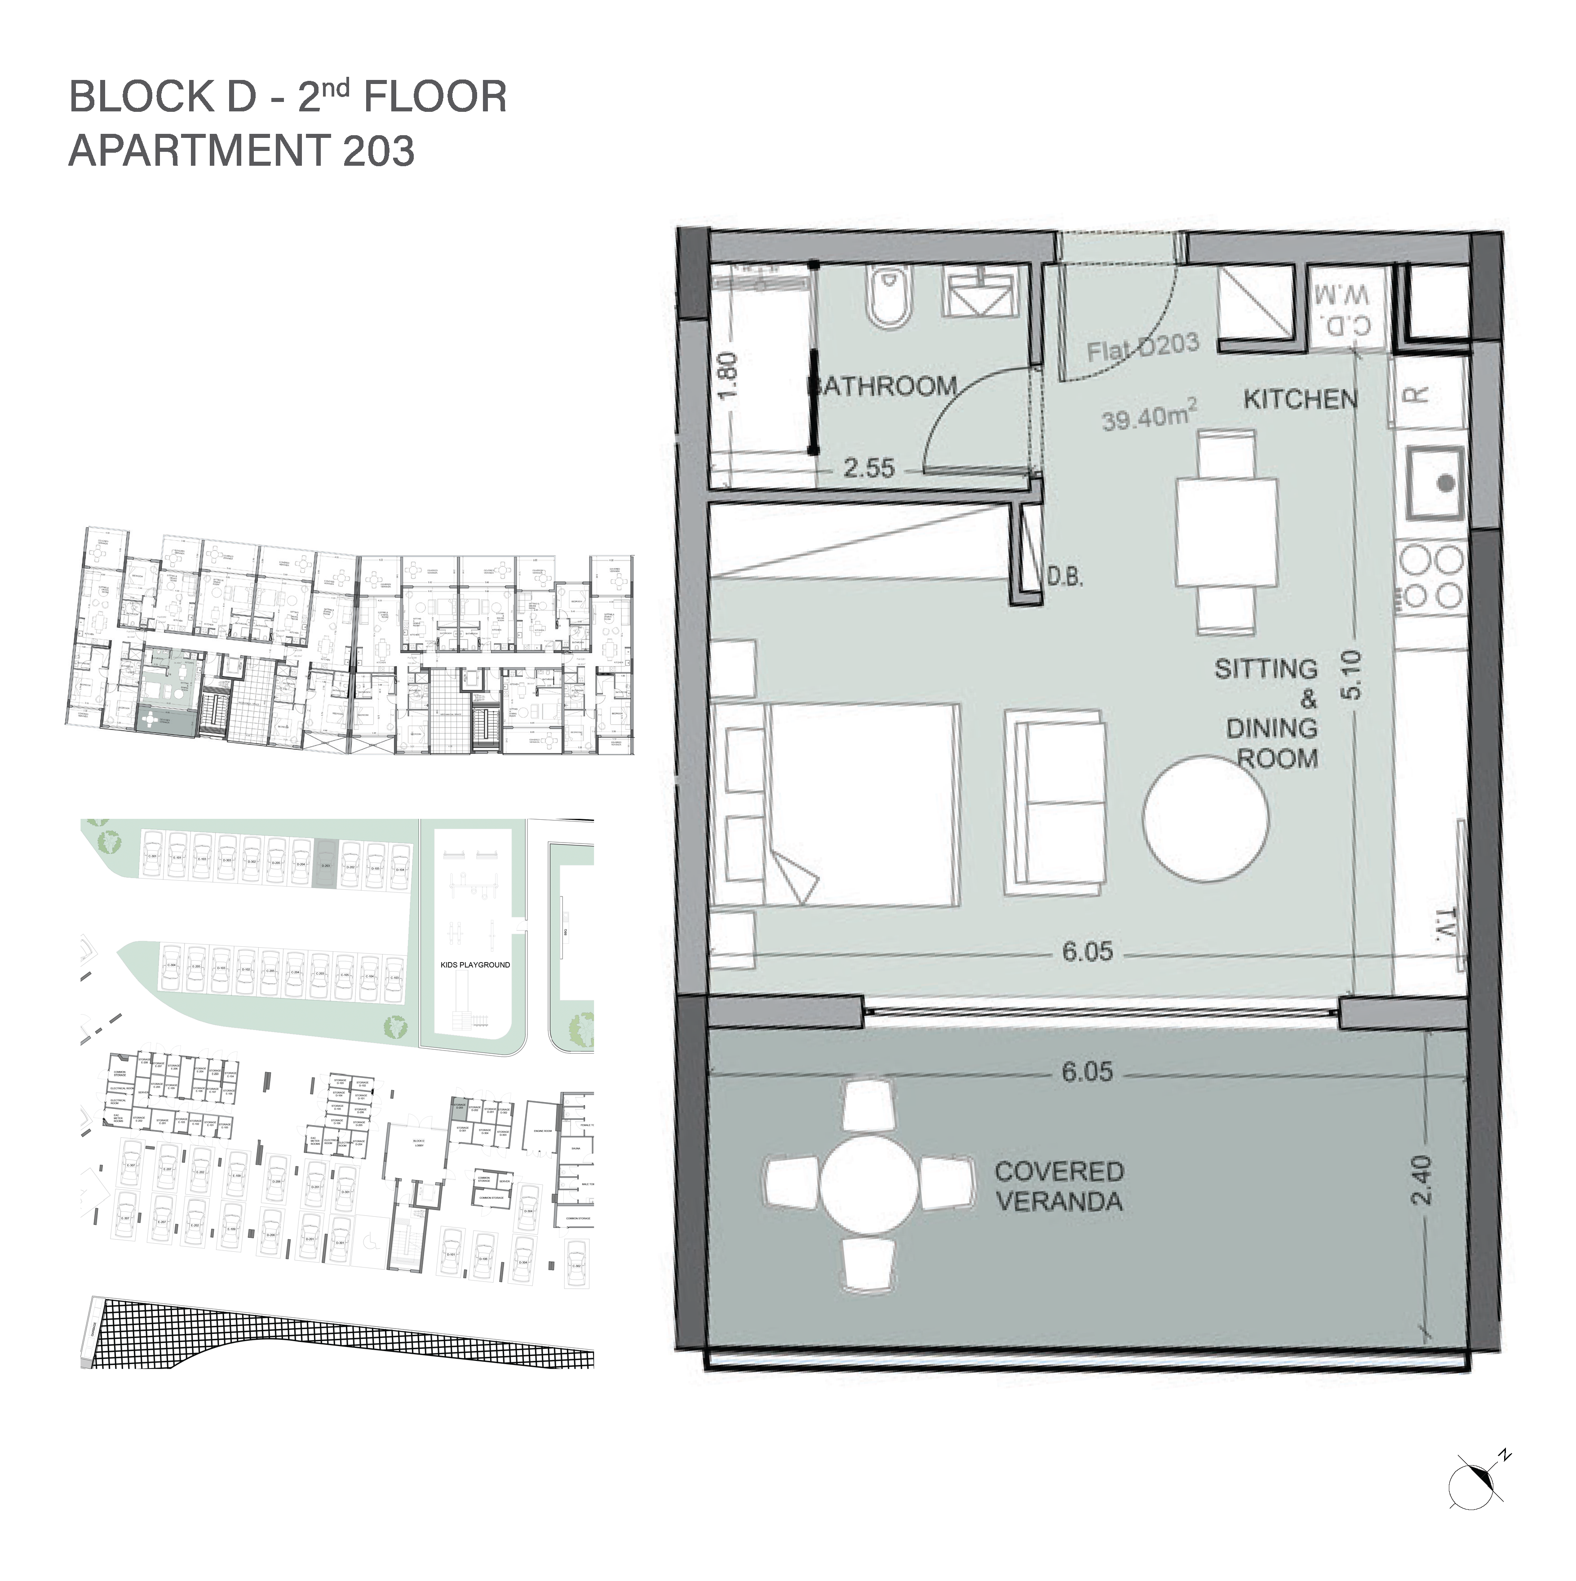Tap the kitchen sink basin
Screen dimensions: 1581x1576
coord(1435,483)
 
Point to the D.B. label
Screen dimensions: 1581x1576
coord(1064,578)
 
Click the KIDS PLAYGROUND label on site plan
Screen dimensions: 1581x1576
coord(475,965)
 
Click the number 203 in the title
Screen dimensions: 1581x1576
coord(379,151)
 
